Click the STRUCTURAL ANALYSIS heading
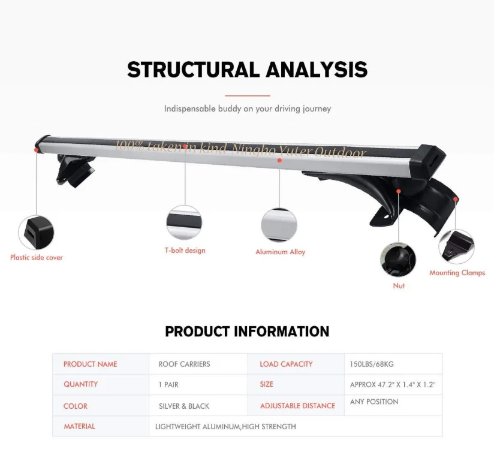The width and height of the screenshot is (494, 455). (247, 70)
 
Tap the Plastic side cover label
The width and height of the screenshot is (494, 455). (36, 257)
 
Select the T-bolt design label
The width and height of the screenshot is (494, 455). (185, 250)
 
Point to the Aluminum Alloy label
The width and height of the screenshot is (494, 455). (280, 252)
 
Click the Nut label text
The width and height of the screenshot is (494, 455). (399, 286)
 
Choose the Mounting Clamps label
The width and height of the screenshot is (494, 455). (457, 273)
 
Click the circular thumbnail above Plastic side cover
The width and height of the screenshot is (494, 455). (36, 233)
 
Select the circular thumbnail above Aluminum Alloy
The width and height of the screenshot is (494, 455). (279, 225)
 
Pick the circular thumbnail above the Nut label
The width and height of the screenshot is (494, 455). (398, 259)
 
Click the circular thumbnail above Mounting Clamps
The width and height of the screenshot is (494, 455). (456, 246)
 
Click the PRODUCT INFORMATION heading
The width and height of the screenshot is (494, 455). (247, 332)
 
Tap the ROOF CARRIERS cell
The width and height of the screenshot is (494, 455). (184, 364)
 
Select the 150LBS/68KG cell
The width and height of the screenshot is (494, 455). (372, 364)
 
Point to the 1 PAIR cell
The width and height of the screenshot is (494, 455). (168, 384)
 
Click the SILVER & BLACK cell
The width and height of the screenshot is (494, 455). (184, 406)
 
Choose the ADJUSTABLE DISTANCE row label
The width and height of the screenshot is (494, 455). (297, 406)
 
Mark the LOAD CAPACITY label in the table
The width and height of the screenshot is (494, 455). (286, 364)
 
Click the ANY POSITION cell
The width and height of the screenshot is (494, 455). (374, 402)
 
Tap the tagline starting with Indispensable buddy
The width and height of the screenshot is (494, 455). (247, 109)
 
